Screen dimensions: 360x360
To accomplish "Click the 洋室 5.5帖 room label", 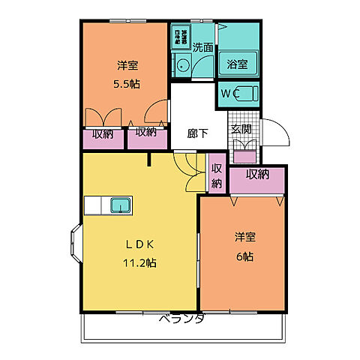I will point(126,73).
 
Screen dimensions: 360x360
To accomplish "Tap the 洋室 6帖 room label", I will point(244,247).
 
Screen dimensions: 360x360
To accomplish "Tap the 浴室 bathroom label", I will point(239,63).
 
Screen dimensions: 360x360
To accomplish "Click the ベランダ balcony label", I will point(181,319).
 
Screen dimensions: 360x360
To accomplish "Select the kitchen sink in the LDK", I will point(121,205).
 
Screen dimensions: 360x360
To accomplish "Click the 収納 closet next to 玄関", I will point(257,175).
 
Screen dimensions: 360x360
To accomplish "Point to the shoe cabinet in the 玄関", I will point(244,156).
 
